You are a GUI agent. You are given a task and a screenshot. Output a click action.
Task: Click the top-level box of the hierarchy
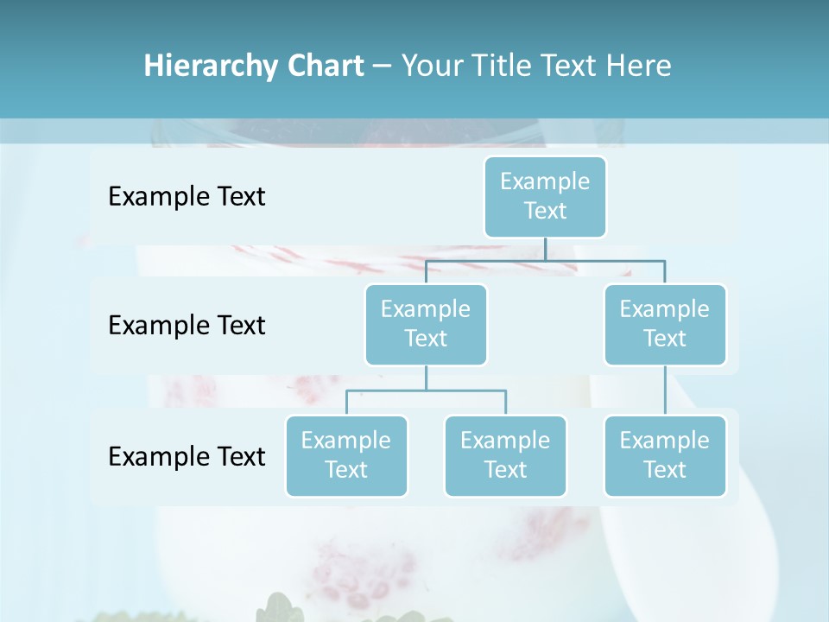(x=545, y=196)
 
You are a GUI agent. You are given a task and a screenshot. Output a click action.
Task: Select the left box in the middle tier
(x=426, y=324)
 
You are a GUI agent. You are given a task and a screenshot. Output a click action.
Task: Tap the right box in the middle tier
(x=665, y=324)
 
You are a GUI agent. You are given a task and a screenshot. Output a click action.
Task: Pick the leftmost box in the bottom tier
(x=346, y=455)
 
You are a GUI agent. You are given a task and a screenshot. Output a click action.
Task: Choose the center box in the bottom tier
(x=505, y=455)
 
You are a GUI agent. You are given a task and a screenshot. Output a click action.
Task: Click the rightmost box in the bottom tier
(x=665, y=455)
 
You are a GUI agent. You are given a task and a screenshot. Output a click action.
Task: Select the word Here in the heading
(x=638, y=66)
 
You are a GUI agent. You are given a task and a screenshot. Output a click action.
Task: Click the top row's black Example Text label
(x=187, y=196)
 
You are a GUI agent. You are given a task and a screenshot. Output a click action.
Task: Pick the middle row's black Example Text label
(x=187, y=325)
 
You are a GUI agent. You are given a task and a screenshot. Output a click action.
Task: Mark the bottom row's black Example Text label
(x=187, y=455)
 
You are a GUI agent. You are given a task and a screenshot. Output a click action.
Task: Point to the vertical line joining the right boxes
(x=665, y=390)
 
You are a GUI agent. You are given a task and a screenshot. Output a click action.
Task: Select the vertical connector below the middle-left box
(x=426, y=378)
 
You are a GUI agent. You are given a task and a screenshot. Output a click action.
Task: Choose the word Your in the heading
(x=432, y=66)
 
